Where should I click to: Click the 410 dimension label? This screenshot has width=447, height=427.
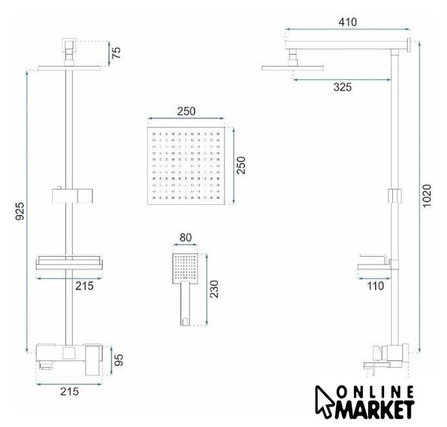(x=347, y=22)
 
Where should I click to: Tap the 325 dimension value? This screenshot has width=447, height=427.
(x=342, y=87)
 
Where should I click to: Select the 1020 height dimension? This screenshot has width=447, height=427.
(x=427, y=196)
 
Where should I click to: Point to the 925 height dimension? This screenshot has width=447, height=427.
(x=20, y=211)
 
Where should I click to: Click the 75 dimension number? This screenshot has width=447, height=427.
(x=116, y=53)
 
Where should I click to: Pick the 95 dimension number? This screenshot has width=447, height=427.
(x=118, y=360)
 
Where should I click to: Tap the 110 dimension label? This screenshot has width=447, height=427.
(x=375, y=286)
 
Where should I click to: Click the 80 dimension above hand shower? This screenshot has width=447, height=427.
(x=186, y=238)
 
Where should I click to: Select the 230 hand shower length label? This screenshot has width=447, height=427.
(x=214, y=289)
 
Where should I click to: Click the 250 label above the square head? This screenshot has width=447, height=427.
(x=186, y=111)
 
